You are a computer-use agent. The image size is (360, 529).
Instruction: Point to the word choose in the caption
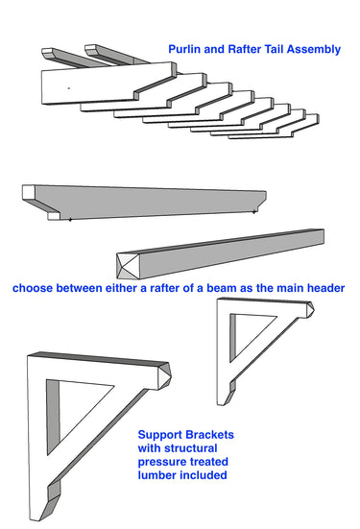click(34, 287)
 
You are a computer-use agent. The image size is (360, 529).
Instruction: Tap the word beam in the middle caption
click(224, 287)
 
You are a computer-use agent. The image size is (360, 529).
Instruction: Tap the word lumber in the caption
click(160, 473)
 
